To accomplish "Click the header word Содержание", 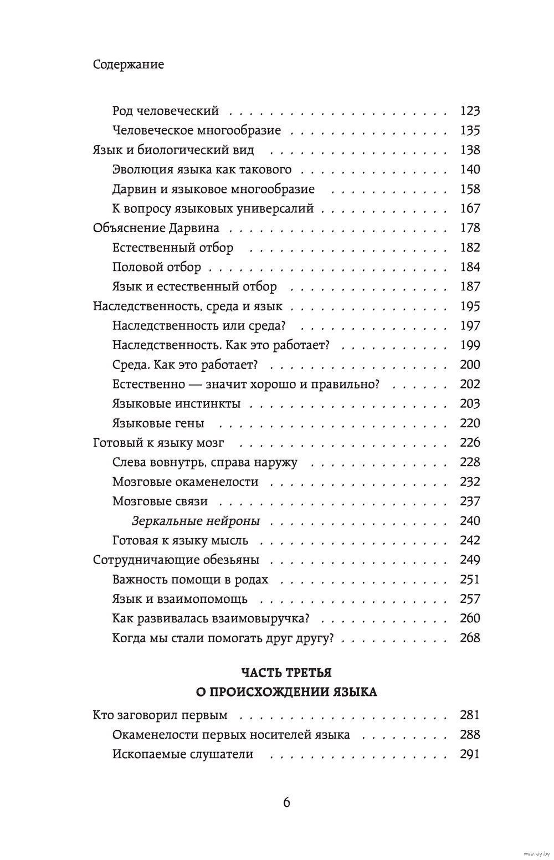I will click(129, 64).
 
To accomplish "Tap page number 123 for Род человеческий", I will click(470, 111).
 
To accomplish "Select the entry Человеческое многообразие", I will click(196, 131).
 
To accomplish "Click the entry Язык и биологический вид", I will click(173, 150).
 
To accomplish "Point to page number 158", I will click(470, 189).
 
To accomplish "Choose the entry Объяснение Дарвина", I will click(156, 228).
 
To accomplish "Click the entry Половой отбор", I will click(156, 267).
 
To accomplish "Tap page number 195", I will click(470, 306).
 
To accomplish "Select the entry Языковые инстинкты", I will click(176, 403).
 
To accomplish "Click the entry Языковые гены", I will click(158, 423).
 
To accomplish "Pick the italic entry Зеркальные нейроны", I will click(196, 521).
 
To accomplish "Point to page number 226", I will click(470, 443).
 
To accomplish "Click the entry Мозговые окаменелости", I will click(185, 482).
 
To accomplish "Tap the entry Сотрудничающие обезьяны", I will click(176, 560).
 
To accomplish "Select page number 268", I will click(470, 638).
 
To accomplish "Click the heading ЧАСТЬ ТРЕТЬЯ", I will click(286, 673).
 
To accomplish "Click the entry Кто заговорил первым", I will click(160, 715).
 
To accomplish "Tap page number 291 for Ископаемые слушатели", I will click(470, 754).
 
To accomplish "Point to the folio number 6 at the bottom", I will click(286, 802).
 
